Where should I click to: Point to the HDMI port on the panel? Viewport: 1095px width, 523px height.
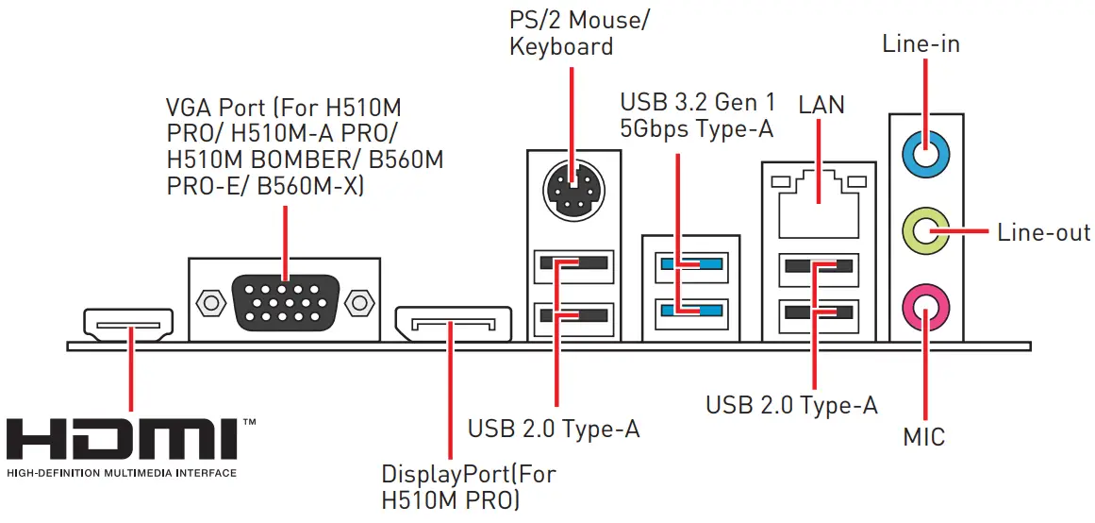(x=128, y=323)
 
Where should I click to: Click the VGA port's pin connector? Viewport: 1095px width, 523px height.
(x=285, y=302)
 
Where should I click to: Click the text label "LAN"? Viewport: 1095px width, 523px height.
(x=821, y=104)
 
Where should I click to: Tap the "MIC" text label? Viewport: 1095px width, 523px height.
(x=923, y=438)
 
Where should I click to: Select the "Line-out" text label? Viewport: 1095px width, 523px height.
(x=1043, y=232)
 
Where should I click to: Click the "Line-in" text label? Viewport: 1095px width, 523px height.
(x=921, y=43)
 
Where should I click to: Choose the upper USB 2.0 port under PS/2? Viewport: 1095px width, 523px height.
(x=572, y=265)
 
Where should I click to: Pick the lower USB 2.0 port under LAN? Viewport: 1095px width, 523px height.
(x=818, y=311)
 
